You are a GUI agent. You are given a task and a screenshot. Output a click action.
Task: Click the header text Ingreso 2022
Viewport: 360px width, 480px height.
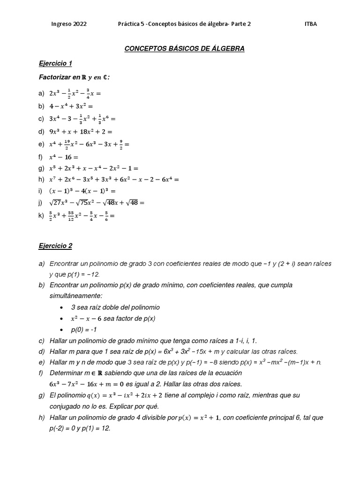69,24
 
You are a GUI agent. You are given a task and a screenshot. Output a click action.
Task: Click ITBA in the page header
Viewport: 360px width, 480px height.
311,24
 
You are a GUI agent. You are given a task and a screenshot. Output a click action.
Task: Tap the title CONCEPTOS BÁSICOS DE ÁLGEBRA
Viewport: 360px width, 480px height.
184,48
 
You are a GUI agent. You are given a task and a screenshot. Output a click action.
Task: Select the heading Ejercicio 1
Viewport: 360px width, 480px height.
55,63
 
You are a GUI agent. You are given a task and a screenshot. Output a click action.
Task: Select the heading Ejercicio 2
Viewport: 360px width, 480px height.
55,246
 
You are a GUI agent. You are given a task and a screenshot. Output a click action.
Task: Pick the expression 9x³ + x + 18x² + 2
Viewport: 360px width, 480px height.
81,132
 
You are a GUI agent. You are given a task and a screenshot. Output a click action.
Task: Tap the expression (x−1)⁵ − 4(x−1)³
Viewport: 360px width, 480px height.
82,191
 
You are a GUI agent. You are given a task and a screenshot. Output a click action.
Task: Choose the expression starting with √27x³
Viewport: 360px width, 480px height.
97,202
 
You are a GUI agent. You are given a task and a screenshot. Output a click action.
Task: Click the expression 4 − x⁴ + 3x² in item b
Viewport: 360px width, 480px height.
72,106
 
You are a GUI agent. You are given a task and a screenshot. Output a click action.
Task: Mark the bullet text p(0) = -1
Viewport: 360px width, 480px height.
84,330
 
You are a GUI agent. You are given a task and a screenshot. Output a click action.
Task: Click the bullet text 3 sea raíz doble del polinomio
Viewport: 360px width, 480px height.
115,307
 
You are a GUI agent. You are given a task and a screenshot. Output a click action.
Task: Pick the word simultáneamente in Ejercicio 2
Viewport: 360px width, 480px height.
75,296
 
